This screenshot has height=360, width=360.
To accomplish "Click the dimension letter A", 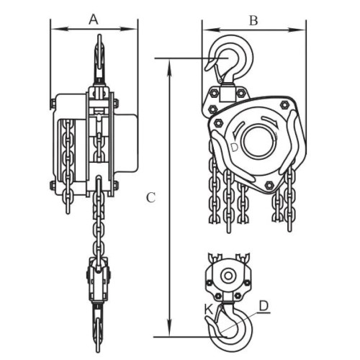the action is pos(94,19).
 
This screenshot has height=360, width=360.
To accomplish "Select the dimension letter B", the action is pos(253,20).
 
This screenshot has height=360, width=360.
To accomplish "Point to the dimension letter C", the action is pos(151,198).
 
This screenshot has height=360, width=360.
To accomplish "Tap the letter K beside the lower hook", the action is pos(208,310).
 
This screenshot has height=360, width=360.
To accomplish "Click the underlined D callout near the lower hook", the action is pos(264,306).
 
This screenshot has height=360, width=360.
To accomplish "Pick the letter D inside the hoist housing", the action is pos(234,148).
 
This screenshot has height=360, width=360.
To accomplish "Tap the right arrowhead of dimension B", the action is pos(297,30).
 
